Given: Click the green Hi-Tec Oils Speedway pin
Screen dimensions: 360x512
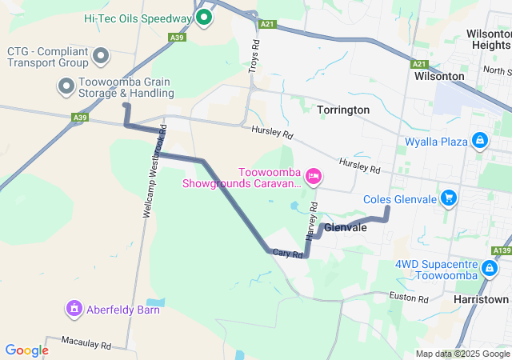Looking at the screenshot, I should pos(203,16).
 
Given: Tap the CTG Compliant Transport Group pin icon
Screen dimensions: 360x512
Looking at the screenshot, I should pos(101,56).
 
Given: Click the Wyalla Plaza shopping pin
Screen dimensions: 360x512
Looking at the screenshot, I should pos(479,142).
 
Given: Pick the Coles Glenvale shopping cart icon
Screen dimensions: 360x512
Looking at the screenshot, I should pos(449,198).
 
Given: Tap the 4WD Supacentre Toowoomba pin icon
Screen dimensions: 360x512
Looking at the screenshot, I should pos(489,268).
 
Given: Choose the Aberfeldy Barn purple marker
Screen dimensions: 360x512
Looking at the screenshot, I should pos(74,307).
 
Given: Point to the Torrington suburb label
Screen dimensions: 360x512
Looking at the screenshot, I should pos(343,110).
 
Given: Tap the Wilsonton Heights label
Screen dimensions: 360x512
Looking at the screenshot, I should pos(488,40).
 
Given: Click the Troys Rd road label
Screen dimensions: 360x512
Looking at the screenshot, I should pos(254,55).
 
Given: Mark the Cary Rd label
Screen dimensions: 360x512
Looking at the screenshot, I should pos(286,254).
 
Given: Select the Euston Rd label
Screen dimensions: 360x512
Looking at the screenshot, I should pos(410,298).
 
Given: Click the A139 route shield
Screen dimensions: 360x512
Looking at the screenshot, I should pos(502,251).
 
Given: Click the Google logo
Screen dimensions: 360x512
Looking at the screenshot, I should pos(26,350).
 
